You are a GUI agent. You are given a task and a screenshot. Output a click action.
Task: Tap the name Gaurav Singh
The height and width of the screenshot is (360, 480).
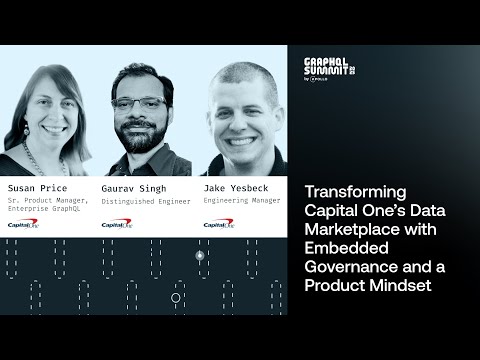click(x=132, y=187)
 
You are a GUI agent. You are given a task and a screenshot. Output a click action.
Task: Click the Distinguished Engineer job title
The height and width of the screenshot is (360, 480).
click(x=146, y=199)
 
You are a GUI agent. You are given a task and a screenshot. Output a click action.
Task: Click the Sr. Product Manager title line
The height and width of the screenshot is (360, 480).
click(x=48, y=199)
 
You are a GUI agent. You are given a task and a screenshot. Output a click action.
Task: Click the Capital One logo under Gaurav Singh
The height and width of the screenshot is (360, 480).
click(x=115, y=224)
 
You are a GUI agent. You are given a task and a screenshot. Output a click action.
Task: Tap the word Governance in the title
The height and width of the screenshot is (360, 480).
click(x=350, y=271)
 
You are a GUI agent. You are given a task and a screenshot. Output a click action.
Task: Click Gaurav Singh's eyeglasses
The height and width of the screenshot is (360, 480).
click(x=139, y=103)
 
